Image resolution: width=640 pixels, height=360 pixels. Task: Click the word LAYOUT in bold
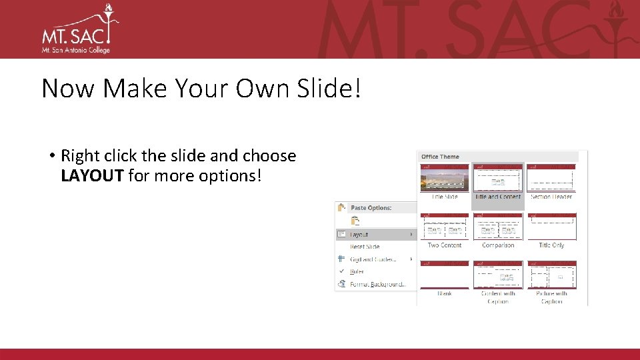[92, 176]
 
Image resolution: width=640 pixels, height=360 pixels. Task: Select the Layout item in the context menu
[359, 235]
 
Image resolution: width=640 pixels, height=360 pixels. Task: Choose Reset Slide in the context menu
[365, 247]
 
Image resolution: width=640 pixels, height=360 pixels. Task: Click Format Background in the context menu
[378, 284]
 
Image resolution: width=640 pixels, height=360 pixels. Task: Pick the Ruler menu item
[357, 271]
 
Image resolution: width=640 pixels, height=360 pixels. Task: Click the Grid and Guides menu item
[373, 259]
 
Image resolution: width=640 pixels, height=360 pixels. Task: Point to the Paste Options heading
[371, 208]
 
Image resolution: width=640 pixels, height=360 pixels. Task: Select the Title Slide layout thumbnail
[445, 178]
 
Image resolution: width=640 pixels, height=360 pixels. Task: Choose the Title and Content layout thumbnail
[498, 179]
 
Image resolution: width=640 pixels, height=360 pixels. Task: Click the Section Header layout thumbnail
[551, 178]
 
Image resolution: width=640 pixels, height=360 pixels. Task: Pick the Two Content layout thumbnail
[445, 227]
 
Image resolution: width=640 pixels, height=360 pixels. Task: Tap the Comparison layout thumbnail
[498, 227]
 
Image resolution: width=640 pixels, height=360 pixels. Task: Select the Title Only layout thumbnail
[551, 227]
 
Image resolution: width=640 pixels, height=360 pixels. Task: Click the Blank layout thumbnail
[445, 275]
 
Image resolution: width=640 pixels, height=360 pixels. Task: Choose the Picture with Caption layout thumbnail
[551, 275]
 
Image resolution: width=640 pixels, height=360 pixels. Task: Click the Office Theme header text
[440, 157]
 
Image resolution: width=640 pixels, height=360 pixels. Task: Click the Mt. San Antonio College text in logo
[75, 50]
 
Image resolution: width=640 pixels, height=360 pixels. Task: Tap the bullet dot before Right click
[51, 157]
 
